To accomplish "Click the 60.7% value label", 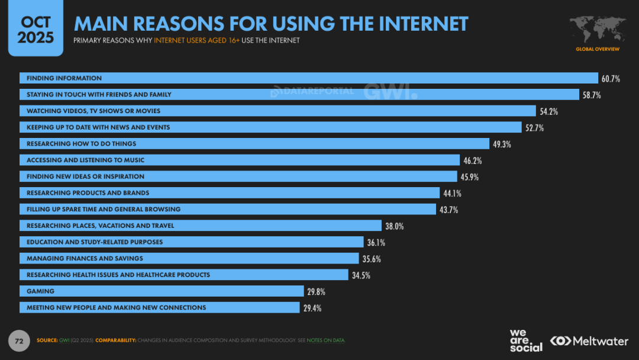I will (611, 79).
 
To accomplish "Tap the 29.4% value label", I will (312, 308).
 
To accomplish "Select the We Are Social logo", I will (525, 340).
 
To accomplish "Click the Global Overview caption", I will (598, 49).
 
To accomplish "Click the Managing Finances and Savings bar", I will (189, 259).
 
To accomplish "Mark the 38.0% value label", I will (395, 226).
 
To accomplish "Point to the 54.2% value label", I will (548, 111).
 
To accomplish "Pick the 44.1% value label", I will (452, 193).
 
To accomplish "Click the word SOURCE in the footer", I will (47, 340).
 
